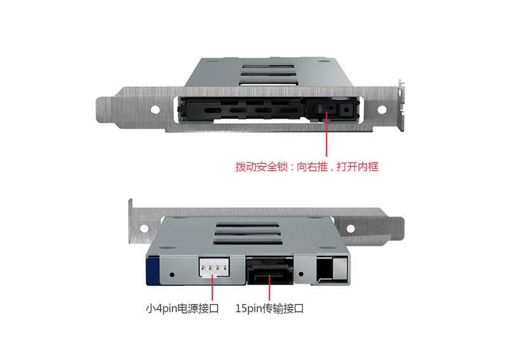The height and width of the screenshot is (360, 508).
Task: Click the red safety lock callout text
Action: pyautogui.click(x=307, y=167)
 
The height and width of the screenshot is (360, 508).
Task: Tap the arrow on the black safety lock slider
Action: pyautogui.click(x=330, y=108)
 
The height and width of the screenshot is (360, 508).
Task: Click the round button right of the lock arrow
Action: pyautogui.click(x=346, y=110)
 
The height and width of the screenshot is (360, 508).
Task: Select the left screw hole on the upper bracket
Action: pyautogui.click(x=155, y=109)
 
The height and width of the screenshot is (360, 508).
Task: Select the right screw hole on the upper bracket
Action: pyautogui.click(x=382, y=110)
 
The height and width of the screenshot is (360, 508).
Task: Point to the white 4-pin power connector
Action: pyautogui.click(x=214, y=268)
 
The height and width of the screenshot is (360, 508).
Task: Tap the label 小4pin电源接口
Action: pyautogui.click(x=182, y=308)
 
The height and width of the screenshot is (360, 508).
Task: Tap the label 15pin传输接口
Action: pyautogui.click(x=269, y=308)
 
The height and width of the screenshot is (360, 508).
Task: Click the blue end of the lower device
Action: pyautogui.click(x=152, y=271)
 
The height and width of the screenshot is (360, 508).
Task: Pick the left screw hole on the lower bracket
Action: pyautogui.click(x=144, y=229)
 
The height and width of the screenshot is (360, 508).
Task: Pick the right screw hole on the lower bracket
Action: pyautogui.click(x=351, y=229)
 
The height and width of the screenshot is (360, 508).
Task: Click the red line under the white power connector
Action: pyautogui.click(x=212, y=288)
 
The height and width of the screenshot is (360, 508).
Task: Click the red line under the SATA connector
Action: pyautogui.click(x=269, y=288)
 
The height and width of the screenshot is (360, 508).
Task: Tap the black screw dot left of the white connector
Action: pyautogui.click(x=172, y=274)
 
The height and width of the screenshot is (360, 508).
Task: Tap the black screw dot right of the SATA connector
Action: pyautogui.click(x=301, y=274)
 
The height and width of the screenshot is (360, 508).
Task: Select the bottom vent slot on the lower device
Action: pyautogui.click(x=248, y=242)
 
